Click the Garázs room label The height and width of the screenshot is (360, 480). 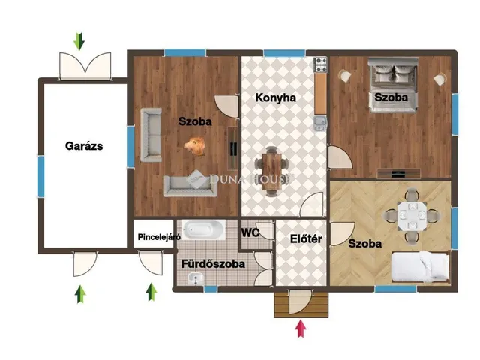coord(84,146)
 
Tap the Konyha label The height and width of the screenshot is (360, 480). coord(275,97)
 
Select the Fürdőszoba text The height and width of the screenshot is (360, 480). coord(213,264)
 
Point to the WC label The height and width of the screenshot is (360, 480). coord(250,232)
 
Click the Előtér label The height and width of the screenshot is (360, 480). coord(306,238)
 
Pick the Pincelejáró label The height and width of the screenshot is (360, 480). coord(159,237)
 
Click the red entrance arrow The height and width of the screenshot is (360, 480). coord(301,328)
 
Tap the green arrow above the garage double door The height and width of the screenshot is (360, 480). coord(79,42)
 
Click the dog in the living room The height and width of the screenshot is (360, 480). coord(195,146)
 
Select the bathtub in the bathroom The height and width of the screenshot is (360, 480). coord(203,230)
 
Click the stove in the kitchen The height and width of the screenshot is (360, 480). coord(321,65)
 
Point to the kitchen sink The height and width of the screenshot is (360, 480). coord(320,123)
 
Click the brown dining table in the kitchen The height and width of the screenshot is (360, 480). coord(271,172)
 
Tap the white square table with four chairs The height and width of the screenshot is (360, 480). coord(412,216)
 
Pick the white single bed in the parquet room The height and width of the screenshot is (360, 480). coord(421,266)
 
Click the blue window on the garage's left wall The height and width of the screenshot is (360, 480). coord(40,177)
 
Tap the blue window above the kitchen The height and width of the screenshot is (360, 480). coord(284,53)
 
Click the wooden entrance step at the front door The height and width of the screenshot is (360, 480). coord(301,304)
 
